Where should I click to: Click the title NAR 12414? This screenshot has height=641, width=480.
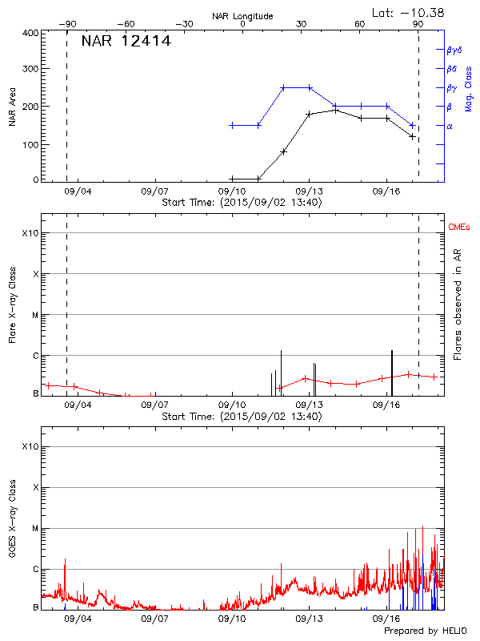(x=126, y=42)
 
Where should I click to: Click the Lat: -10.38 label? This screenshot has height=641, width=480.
(x=409, y=11)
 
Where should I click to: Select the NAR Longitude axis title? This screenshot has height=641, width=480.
(x=242, y=16)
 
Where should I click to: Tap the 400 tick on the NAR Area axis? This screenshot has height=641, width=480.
(x=32, y=34)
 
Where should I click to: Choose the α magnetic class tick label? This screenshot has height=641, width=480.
(x=450, y=126)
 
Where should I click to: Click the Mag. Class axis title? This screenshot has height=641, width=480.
(x=469, y=88)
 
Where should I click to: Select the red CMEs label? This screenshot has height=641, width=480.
(x=460, y=228)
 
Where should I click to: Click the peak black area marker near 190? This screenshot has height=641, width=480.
(x=335, y=110)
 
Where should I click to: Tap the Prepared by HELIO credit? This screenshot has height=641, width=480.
(x=428, y=631)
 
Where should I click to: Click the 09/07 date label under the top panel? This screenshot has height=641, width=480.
(x=154, y=192)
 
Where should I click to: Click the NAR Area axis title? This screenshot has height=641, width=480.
(x=12, y=107)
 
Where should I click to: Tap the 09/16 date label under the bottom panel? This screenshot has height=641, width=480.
(x=386, y=619)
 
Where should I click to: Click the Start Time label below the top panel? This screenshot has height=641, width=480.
(x=242, y=203)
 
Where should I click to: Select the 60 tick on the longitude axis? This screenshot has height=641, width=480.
(x=360, y=24)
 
